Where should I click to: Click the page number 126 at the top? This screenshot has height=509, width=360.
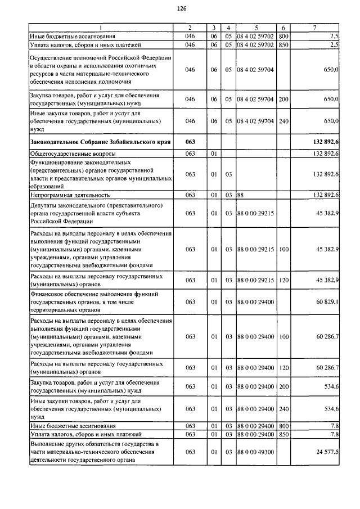point(181,9)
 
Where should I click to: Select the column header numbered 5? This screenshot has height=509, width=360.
point(256,28)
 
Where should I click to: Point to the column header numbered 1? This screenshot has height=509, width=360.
point(101,28)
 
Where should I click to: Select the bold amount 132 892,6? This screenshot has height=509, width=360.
point(322,142)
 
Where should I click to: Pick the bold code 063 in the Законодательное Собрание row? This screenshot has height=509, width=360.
point(190,142)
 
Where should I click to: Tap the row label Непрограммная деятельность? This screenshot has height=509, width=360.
point(70,195)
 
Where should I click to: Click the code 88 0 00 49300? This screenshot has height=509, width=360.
point(256,452)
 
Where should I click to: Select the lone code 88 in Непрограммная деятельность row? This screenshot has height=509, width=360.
point(241,195)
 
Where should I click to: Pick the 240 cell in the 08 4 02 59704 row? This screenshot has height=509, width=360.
point(283,121)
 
